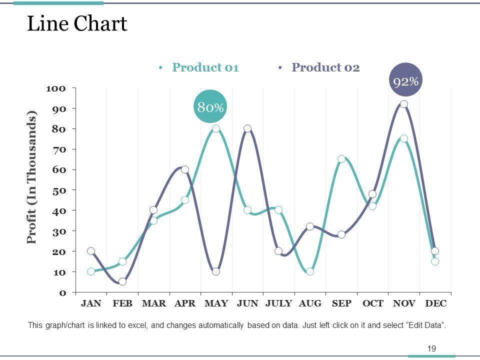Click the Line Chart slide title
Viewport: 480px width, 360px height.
77,24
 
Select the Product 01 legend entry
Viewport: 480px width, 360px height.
204,67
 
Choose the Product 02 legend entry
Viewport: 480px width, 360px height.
325,67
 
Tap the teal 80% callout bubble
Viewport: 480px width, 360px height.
210,106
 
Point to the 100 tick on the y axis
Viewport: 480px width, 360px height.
56,88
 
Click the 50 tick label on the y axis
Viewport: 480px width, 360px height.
58,190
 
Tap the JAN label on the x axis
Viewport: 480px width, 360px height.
91,303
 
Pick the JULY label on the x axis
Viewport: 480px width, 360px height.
278,303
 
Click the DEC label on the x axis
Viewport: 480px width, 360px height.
435,303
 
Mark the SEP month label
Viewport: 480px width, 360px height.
341,303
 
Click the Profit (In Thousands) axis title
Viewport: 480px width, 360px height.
32,177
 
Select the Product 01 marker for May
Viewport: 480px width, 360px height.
216,128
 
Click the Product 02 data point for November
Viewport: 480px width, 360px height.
404,104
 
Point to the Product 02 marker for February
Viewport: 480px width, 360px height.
122,281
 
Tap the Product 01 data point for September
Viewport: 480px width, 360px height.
341,159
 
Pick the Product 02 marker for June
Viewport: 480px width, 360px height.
247,128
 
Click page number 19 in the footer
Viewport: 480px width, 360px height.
431,348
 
